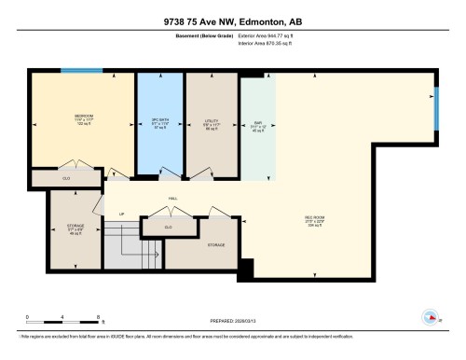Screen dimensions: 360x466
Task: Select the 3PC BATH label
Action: (x=159, y=120)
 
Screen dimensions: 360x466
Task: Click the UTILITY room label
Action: (x=212, y=121)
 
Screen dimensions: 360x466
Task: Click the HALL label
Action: (x=173, y=198)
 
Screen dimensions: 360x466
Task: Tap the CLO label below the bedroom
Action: (x=54, y=176)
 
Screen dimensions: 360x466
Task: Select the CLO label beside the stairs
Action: (x=168, y=227)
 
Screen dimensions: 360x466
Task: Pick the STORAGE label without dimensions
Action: (x=215, y=243)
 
